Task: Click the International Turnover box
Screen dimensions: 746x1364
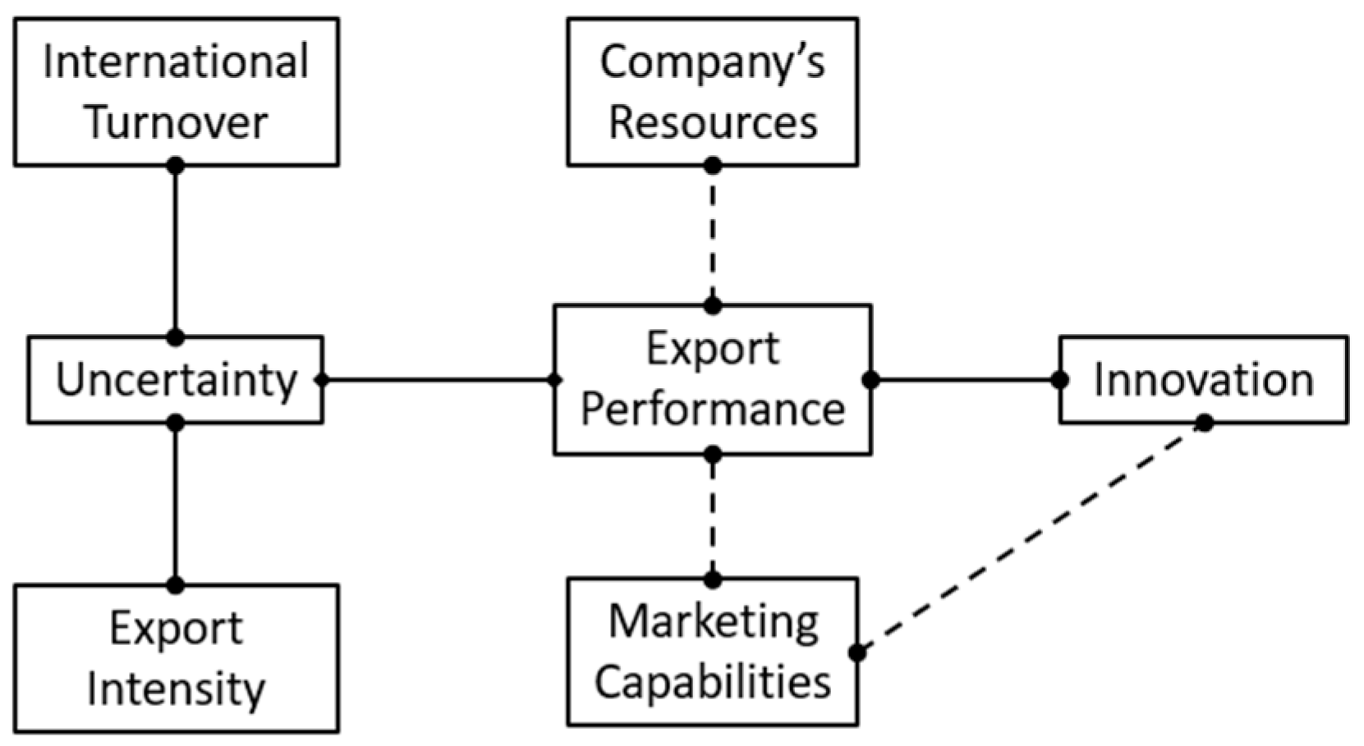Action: pos(176,91)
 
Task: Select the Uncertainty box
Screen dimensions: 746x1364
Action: pos(175,380)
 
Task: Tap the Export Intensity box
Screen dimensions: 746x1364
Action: pos(176,658)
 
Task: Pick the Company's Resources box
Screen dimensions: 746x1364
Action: pos(712,91)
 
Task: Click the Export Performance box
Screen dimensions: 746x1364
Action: pos(712,379)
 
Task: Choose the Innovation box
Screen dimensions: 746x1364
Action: pos(1203,380)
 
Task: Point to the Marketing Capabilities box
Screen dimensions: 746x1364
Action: pos(712,652)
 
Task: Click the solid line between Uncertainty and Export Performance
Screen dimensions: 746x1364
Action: pos(438,380)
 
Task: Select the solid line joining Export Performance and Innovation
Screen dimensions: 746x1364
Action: pos(965,380)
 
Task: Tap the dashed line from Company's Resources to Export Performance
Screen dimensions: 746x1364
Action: pos(713,236)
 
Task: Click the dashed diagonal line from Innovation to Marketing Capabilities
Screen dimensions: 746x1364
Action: pos(1031,538)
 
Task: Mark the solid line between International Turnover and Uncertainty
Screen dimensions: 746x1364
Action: pos(175,251)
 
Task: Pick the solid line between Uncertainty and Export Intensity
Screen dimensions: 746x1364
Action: pos(175,504)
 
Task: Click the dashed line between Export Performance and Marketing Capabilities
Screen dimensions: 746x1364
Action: pos(713,517)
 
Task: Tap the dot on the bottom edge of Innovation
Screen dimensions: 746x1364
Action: pos(1204,423)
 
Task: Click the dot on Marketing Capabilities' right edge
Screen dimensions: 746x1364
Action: pos(857,653)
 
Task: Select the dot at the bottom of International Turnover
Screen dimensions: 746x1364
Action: pos(175,166)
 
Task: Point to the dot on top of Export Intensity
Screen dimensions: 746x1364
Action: pos(175,585)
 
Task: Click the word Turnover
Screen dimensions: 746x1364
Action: pos(176,123)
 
